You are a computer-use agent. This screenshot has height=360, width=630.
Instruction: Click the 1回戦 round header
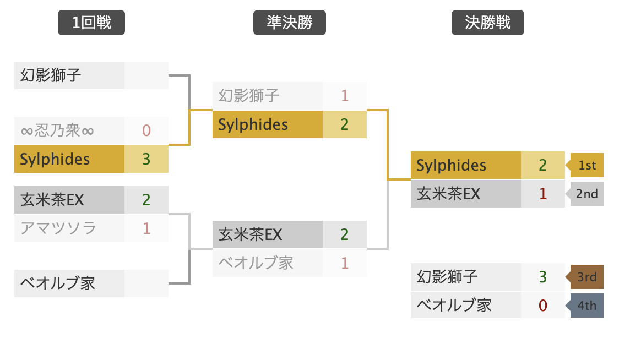91,23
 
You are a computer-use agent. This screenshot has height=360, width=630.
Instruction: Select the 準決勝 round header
290,23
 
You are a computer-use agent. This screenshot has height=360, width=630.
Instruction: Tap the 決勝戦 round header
488,23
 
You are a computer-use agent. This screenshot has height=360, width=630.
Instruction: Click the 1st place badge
587,166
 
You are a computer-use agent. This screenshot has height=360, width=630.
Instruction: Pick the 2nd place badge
587,194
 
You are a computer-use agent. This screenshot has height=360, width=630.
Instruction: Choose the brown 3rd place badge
587,276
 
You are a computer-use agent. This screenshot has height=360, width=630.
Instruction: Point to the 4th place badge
587,305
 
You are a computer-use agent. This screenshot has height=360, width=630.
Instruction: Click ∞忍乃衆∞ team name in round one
57,131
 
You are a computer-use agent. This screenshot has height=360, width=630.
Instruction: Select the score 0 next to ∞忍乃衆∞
146,131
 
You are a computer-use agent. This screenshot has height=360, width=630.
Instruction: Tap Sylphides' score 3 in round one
146,159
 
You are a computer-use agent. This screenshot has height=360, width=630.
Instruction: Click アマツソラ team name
58,228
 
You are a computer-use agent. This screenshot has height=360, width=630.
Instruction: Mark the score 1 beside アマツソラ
146,228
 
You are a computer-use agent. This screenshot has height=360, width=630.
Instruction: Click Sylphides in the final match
452,166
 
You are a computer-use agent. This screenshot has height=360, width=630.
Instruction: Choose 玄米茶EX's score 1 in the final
543,194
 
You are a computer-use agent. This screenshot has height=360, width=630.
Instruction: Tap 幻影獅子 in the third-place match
447,276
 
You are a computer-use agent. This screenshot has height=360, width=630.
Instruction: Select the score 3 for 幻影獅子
543,276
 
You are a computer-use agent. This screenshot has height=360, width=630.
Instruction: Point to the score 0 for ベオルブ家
543,305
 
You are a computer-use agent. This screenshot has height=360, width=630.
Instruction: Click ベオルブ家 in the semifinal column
256,263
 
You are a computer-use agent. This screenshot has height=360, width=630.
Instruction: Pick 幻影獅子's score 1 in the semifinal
345,96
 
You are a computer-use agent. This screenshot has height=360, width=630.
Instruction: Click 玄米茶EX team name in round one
52,199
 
